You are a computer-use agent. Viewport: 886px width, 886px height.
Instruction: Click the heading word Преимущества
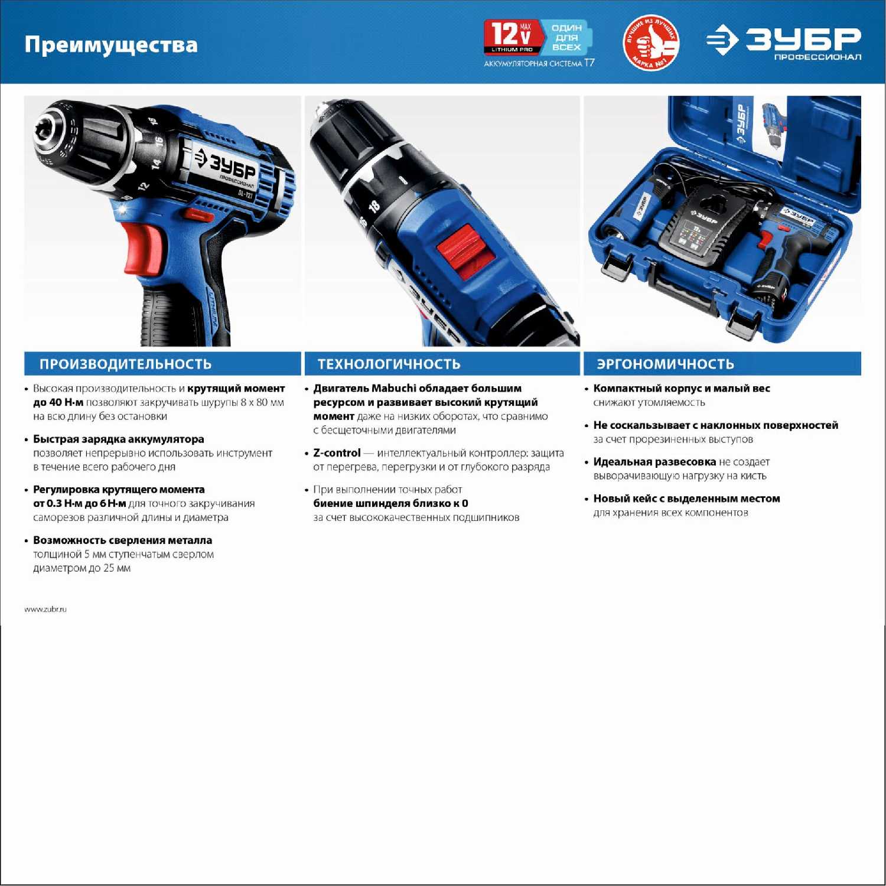[x=111, y=45]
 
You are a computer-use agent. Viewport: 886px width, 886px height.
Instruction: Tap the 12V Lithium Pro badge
[x=513, y=37]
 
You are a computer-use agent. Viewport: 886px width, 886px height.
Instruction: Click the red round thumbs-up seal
[x=651, y=42]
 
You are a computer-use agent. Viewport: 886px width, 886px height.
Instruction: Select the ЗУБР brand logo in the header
[x=784, y=42]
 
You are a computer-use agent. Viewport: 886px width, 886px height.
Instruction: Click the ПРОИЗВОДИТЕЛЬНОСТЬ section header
[x=125, y=364]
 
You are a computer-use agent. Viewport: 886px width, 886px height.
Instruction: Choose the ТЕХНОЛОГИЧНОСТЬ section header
[x=389, y=364]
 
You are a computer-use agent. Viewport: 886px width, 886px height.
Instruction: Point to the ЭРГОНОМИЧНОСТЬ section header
[x=665, y=364]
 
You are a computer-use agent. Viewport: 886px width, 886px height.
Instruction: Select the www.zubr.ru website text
[x=45, y=609]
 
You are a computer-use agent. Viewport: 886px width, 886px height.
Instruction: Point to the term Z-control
[x=337, y=453]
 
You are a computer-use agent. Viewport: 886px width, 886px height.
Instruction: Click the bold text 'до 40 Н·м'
[x=58, y=402]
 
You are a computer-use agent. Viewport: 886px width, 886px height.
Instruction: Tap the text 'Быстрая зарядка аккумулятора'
[x=118, y=439]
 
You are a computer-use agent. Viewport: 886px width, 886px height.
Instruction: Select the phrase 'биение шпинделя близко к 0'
[x=390, y=503]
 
